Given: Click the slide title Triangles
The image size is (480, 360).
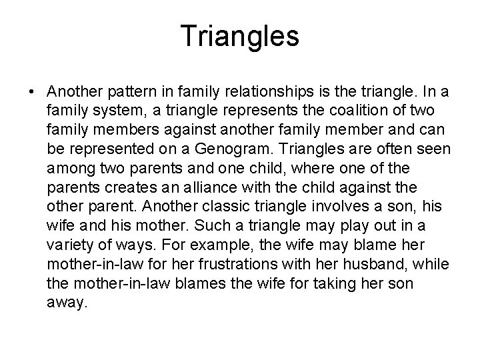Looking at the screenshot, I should [x=240, y=37].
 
